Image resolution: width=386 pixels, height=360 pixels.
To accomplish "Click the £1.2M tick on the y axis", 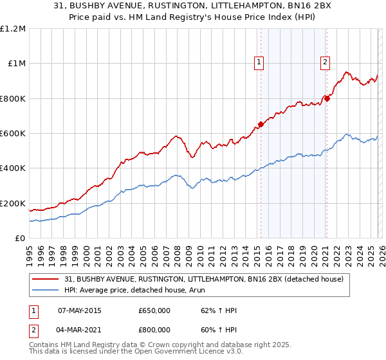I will coord(13,28).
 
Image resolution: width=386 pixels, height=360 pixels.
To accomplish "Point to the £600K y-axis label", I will coord(13,133).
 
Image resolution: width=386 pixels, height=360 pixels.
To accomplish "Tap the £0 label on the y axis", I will coord(20,238).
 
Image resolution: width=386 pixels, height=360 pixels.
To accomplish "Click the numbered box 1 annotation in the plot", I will coord(259,62).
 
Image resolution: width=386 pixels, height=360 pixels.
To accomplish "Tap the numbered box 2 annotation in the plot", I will coord(325,62).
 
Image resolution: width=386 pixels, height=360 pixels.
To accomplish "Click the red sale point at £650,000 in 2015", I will coord(261,125).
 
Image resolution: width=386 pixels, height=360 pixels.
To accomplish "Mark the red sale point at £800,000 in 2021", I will coord(327,98).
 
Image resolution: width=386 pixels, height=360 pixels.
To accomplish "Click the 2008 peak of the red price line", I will coord(176,136).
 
